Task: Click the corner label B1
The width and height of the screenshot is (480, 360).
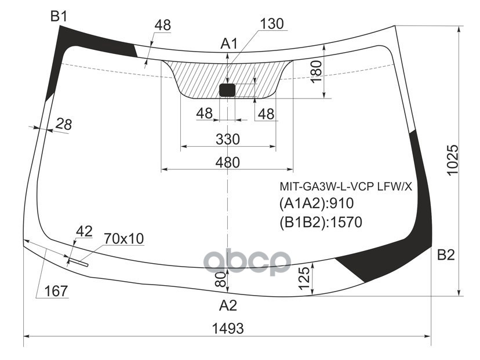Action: tap(59, 17)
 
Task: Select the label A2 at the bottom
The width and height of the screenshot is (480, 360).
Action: tap(228, 306)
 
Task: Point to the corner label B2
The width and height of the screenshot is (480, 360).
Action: tap(445, 254)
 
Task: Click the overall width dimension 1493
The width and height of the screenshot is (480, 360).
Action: tap(227, 328)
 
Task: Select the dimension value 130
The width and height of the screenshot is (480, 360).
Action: tap(271, 24)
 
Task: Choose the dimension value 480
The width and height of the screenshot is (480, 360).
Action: tap(227, 163)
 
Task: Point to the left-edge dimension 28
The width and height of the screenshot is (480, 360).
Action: tap(64, 123)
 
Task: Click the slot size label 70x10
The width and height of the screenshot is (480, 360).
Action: tap(124, 238)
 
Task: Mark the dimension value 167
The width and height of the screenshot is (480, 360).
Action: tap(56, 291)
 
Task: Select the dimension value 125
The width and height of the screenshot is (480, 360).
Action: tap(303, 278)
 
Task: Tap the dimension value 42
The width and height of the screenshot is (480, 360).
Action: tap(84, 231)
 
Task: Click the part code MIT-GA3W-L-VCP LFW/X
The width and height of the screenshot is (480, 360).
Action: tap(346, 187)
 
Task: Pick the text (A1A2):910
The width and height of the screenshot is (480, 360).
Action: tap(317, 204)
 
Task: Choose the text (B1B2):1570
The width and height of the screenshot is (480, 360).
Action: tap(321, 221)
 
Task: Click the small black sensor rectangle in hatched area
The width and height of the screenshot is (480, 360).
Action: tap(227, 90)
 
